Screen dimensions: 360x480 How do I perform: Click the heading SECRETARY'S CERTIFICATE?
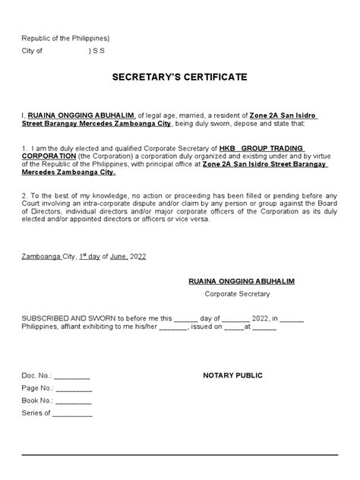tap(179, 77)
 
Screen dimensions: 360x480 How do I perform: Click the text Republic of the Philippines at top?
tap(65, 37)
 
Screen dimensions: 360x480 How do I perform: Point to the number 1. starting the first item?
tap(25, 147)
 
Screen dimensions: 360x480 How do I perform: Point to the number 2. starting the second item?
tap(25, 196)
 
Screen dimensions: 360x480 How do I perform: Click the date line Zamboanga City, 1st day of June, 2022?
tap(84, 256)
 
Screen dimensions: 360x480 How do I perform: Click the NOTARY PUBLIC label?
tap(232, 376)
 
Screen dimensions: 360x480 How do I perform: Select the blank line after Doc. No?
tap(72, 377)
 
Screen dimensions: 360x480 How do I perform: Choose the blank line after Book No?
tap(74, 402)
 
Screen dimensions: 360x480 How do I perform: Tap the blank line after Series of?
tap(72, 414)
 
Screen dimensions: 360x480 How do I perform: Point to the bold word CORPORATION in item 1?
tap(49, 156)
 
